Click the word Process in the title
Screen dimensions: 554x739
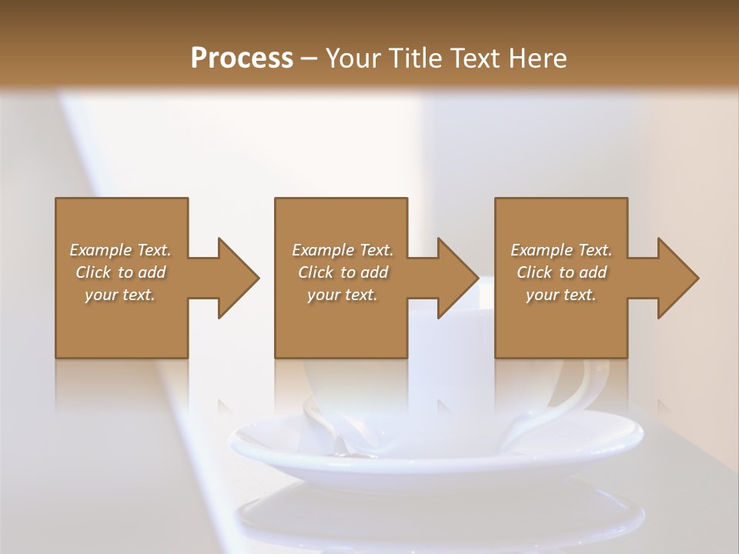pyautogui.click(x=242, y=58)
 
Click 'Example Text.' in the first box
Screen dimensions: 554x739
pyautogui.click(x=120, y=250)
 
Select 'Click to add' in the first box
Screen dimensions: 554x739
pyautogui.click(x=120, y=272)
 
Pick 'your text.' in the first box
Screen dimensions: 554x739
pyautogui.click(x=120, y=295)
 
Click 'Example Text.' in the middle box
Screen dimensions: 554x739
pyautogui.click(x=343, y=250)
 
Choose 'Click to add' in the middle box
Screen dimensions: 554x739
pyautogui.click(x=343, y=272)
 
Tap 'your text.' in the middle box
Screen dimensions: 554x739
pyautogui.click(x=343, y=295)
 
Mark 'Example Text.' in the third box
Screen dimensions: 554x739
pyautogui.click(x=561, y=250)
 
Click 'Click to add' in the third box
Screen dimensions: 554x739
pyautogui.click(x=561, y=272)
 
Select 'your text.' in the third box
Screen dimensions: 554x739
pyautogui.click(x=561, y=295)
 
